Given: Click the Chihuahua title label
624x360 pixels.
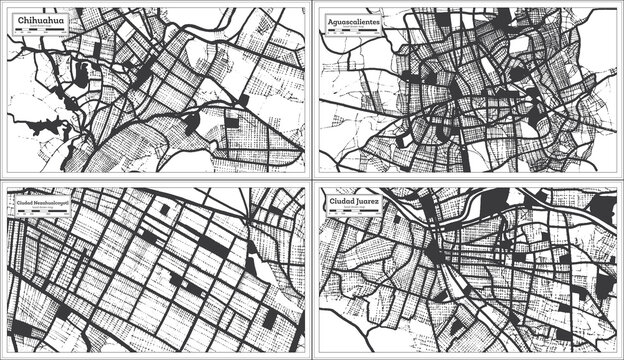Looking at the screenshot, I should (x=38, y=20).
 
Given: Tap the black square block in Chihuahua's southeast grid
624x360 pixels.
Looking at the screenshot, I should (x=232, y=123).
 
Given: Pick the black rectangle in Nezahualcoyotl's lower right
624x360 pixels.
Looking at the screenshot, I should (x=269, y=319).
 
